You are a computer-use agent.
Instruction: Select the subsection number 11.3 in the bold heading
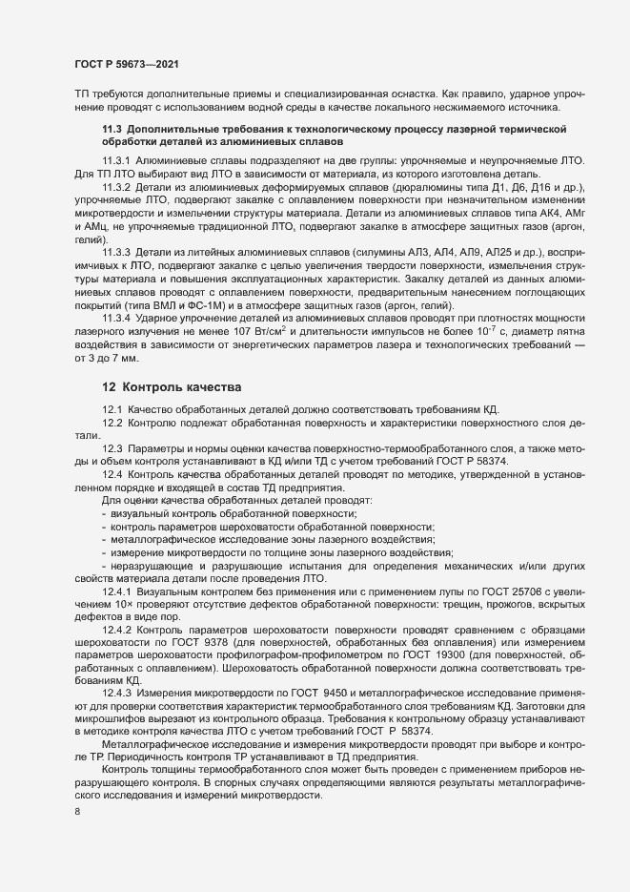[x=112, y=128]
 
